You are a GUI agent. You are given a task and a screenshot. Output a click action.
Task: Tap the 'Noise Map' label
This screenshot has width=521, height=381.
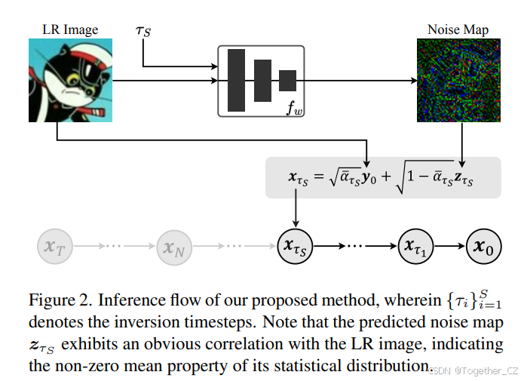coord(457,30)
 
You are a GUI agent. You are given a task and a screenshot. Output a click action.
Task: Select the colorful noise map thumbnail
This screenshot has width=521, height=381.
coord(458,80)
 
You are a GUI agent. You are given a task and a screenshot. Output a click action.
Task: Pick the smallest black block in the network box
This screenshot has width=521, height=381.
coord(287,80)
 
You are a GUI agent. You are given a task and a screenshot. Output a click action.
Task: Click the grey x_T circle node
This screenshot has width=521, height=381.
coord(54,246)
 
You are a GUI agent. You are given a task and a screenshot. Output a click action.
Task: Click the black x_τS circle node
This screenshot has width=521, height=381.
coord(297,246)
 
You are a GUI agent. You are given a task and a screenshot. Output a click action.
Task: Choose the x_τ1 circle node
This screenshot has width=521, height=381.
coord(417,246)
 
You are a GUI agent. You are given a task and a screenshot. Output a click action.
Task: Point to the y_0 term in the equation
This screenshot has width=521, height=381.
coord(369,179)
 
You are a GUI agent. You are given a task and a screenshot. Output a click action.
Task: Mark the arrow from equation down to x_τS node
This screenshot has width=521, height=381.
coord(297,212)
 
